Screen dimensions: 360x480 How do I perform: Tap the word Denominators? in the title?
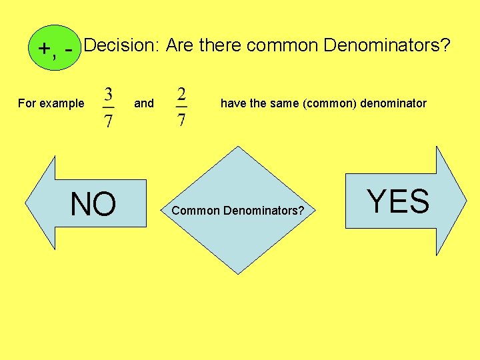(387, 45)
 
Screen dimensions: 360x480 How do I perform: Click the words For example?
(51, 103)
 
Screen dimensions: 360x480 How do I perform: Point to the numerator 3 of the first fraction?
(108, 92)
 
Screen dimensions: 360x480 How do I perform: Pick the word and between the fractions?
(144, 103)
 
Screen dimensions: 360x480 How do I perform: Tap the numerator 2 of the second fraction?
(182, 92)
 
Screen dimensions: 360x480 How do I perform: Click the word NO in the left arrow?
(93, 205)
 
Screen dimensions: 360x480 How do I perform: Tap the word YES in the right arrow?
(398, 201)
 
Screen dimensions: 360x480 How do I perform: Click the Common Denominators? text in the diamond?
(238, 211)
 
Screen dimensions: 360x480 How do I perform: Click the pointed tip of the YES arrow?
(466, 200)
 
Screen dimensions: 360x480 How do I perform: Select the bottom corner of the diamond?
(238, 273)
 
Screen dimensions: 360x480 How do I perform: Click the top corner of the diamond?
(238, 147)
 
